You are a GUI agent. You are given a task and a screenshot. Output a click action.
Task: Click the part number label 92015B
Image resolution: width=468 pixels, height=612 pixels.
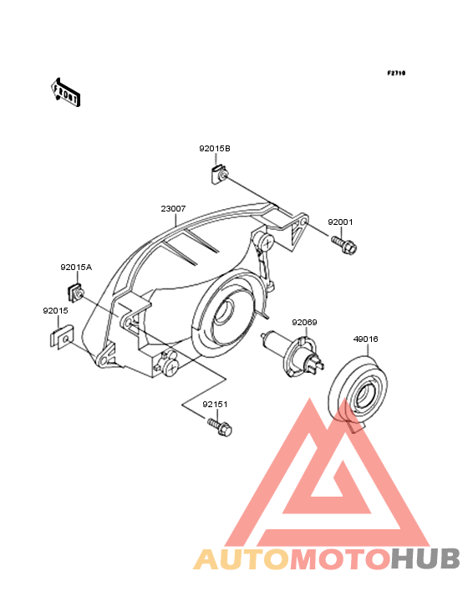click(215, 149)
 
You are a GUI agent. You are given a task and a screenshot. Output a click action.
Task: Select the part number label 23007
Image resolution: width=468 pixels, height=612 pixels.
click(173, 209)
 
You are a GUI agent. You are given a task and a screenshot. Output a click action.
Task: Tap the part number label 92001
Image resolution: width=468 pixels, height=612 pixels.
click(340, 222)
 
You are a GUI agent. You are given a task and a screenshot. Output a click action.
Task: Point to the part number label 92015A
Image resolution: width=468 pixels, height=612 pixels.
click(76, 268)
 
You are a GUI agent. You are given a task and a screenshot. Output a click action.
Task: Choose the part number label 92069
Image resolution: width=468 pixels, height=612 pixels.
click(304, 323)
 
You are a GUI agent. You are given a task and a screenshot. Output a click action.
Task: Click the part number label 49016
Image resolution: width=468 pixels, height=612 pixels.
click(365, 339)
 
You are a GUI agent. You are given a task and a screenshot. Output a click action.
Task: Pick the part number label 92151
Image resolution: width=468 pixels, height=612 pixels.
click(215, 405)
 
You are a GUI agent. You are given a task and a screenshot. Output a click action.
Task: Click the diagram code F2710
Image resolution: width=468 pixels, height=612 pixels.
click(396, 73)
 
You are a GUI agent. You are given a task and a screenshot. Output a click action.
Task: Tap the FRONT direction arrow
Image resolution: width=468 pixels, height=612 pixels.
click(65, 93)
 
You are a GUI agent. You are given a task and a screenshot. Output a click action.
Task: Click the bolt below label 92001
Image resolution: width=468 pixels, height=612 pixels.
click(344, 245)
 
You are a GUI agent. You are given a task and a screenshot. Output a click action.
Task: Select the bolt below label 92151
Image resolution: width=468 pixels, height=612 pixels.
click(220, 426)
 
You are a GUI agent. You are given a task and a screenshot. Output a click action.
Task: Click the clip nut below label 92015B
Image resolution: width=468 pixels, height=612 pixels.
click(218, 174)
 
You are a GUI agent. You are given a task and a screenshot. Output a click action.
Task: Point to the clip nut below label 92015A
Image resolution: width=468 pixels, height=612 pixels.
click(76, 293)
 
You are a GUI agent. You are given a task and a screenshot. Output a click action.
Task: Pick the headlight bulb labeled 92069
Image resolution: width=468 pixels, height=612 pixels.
click(292, 354)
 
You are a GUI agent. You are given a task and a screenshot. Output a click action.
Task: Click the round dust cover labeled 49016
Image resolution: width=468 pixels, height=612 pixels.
click(358, 390)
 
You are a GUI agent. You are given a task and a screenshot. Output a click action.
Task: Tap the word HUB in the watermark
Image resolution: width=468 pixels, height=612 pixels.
click(426, 558)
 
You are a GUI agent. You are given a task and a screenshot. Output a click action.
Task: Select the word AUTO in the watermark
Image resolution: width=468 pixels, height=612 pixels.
click(242, 558)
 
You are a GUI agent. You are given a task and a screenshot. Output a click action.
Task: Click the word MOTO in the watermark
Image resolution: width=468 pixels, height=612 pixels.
click(340, 558)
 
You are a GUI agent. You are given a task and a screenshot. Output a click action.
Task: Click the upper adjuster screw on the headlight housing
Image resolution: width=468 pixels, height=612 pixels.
click(264, 242)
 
